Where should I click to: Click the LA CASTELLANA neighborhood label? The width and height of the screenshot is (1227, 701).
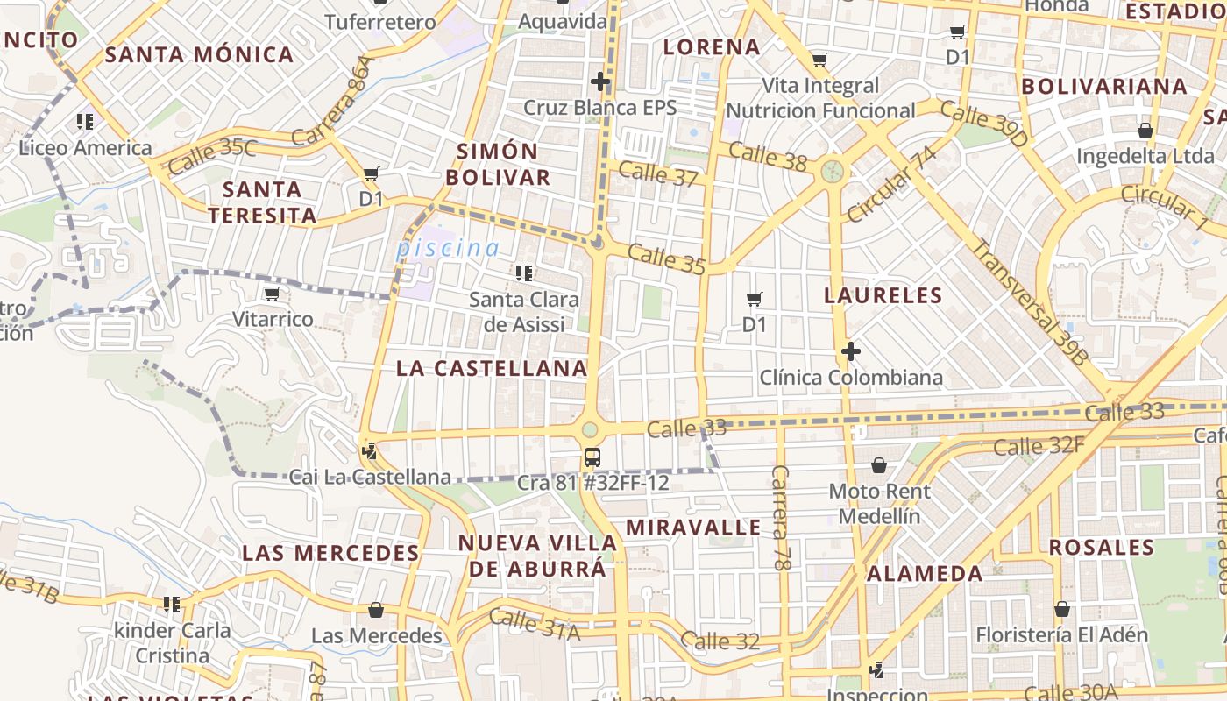point(492,368)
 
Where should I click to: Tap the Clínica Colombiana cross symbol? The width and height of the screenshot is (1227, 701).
point(850,352)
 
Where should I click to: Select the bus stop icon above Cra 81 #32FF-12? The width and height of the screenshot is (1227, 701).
point(592,457)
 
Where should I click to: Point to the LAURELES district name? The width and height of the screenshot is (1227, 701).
point(883,295)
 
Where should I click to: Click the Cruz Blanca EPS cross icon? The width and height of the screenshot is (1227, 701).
point(600,82)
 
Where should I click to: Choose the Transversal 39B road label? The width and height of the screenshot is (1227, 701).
point(1029,301)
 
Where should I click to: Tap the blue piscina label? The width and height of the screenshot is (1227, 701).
point(448,248)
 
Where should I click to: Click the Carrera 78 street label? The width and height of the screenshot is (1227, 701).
point(779,518)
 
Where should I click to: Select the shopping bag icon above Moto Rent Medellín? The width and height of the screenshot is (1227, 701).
point(879,465)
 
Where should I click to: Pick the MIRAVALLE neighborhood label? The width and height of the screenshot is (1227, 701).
point(693,528)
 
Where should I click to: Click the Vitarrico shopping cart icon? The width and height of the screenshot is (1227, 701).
point(273,294)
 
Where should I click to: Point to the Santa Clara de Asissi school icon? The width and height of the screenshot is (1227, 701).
point(524,273)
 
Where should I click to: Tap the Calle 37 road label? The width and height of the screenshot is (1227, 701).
point(658,173)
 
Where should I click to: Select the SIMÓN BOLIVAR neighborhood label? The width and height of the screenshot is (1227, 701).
point(498,164)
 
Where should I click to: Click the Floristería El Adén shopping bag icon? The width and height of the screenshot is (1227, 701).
point(1062,608)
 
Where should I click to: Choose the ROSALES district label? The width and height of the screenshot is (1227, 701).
point(1102,548)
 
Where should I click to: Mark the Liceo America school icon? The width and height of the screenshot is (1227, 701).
point(85,121)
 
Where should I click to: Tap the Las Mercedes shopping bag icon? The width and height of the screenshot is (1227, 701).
point(376,609)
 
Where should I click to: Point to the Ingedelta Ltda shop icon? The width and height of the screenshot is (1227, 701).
point(1145,131)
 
